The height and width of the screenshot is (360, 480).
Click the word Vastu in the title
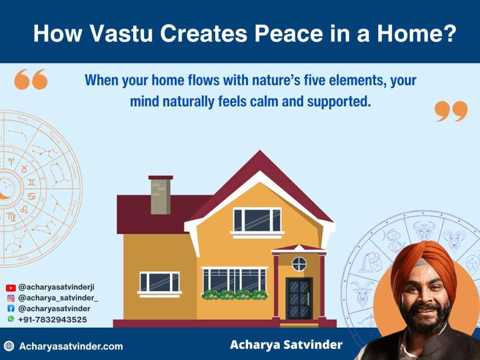[126, 34]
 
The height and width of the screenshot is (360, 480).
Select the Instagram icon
[11, 298]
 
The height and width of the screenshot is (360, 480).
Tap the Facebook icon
[11, 308]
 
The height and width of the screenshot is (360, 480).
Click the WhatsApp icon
[11, 319]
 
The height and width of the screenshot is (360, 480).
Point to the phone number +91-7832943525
[52, 319]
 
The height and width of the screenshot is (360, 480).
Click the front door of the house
[299, 299]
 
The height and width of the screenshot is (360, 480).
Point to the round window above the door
[299, 264]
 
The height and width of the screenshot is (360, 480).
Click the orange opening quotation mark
[31, 79]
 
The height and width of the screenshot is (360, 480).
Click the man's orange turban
[422, 263]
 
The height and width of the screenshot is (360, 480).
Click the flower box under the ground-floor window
[234, 295]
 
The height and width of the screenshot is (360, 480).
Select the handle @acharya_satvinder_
[58, 298]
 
